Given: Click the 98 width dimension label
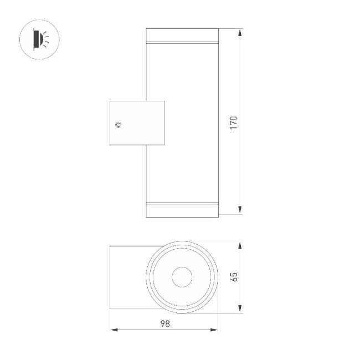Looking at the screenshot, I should (x=164, y=323).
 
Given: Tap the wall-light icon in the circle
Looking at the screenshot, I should (x=39, y=38).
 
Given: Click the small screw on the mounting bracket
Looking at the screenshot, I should (x=118, y=124).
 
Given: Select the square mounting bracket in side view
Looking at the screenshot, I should (x=137, y=123).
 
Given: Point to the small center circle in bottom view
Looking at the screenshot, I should (x=181, y=277).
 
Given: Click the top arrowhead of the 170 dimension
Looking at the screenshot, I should (x=240, y=33).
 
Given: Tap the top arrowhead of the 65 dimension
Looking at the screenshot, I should (x=240, y=245).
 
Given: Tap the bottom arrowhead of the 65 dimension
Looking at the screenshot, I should (x=240, y=308).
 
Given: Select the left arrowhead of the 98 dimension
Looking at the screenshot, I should (x=114, y=330).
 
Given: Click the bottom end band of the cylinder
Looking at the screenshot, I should (x=182, y=210).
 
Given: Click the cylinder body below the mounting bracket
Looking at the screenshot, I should (x=182, y=172).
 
